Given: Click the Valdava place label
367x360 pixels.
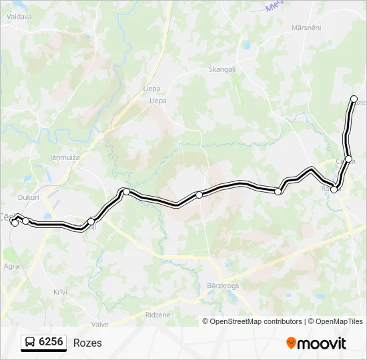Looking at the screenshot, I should (x=19, y=17).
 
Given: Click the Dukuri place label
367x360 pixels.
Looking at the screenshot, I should (x=29, y=197).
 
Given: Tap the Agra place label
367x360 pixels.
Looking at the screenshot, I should (x=11, y=265).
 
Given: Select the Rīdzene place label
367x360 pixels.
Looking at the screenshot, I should (x=157, y=315).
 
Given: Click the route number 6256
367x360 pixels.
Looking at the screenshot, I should (x=51, y=343).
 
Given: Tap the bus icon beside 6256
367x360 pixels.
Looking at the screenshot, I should (x=30, y=343).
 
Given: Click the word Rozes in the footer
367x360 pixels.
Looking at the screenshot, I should (x=87, y=343).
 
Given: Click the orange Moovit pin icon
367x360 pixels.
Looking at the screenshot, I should (x=292, y=343).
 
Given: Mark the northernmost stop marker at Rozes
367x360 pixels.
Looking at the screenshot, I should (x=354, y=99).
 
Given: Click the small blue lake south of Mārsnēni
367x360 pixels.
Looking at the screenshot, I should (x=247, y=47).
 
